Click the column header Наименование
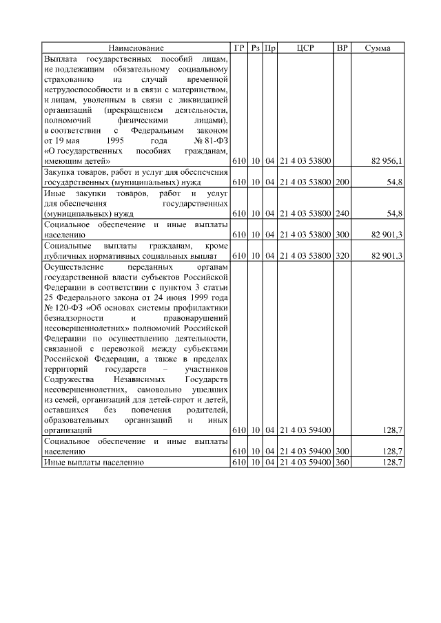[x=136, y=48]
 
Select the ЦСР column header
[x=305, y=48]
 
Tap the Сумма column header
[x=378, y=48]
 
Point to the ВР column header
[x=342, y=48]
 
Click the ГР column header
[x=239, y=48]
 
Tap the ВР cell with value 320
[x=342, y=255]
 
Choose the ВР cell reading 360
[x=342, y=463]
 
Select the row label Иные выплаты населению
[x=93, y=463]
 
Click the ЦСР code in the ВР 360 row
[x=305, y=463]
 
